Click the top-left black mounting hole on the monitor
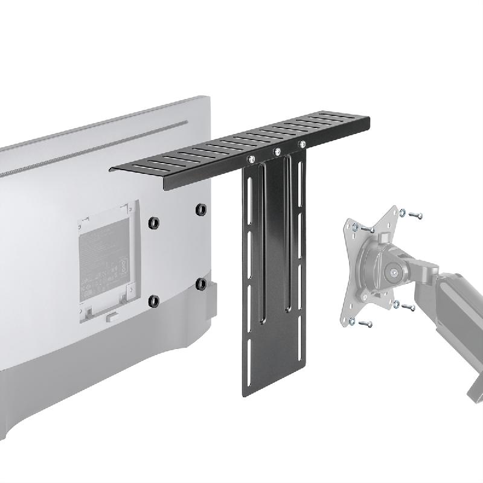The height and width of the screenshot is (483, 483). [x=153, y=223]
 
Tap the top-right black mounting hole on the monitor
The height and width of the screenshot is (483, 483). [x=200, y=210]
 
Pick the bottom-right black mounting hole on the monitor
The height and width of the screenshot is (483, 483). [x=201, y=283]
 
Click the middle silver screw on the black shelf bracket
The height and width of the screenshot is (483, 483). [x=278, y=151]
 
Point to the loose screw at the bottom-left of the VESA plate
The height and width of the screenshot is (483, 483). [x=364, y=324]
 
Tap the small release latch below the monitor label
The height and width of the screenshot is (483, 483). [x=110, y=315]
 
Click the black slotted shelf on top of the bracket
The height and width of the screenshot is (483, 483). [x=241, y=148]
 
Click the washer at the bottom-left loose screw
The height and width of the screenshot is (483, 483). [x=354, y=320]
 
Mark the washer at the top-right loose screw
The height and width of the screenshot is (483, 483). [x=401, y=211]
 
